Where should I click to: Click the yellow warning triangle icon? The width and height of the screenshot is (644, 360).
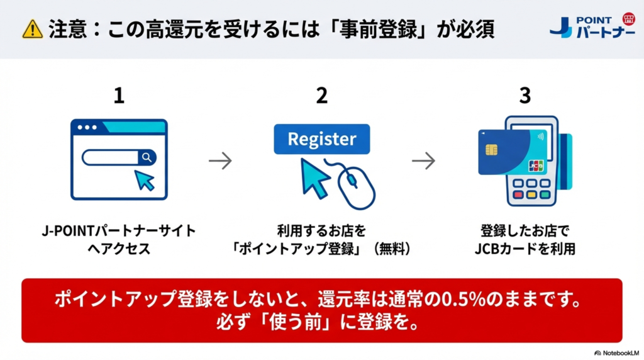(x=31, y=30)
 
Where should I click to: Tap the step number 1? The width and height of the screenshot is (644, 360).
(x=119, y=96)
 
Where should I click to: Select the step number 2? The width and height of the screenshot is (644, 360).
(x=322, y=96)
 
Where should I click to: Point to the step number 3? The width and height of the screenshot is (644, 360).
(x=525, y=96)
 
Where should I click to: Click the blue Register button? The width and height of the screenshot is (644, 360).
(x=322, y=138)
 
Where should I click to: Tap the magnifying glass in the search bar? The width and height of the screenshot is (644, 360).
(x=147, y=157)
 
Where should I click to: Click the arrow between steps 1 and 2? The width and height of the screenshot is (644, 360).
(x=220, y=161)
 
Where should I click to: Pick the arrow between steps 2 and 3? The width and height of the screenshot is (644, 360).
(x=423, y=161)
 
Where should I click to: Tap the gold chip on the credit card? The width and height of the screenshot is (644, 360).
(x=492, y=149)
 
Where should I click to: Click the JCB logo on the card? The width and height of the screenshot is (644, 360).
(x=536, y=166)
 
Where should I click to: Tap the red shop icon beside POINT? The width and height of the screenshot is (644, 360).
(x=628, y=18)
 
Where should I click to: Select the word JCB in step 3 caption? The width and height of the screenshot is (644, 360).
(x=486, y=249)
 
